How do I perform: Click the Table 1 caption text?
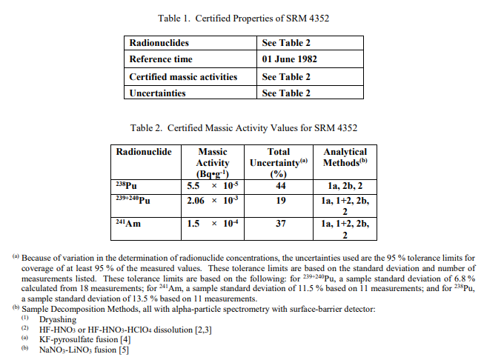(242, 18)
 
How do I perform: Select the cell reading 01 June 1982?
(291, 59)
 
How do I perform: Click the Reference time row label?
(161, 59)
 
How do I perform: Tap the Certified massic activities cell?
(183, 76)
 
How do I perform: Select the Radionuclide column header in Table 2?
(144, 152)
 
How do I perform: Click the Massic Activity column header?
(213, 162)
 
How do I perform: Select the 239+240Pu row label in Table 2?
(134, 201)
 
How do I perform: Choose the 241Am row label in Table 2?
(128, 223)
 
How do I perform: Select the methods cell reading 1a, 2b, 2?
(345, 186)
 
